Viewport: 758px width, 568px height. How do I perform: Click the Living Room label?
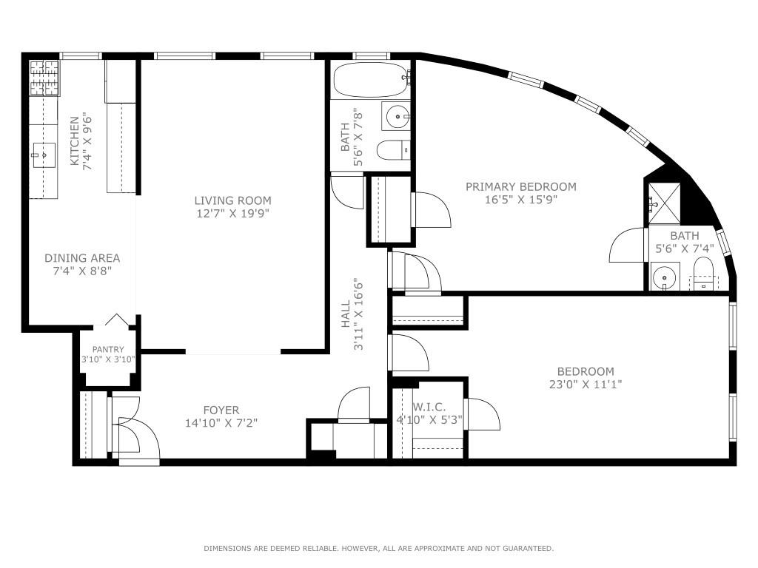click(232, 200)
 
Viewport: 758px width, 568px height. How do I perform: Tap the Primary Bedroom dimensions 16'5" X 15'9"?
click(520, 199)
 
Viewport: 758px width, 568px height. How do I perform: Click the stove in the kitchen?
click(44, 78)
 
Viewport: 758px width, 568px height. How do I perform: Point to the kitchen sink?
click(44, 155)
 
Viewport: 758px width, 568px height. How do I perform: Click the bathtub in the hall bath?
click(369, 80)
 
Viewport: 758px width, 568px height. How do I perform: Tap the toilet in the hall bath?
click(392, 150)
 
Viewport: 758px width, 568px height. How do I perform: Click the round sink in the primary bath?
click(665, 278)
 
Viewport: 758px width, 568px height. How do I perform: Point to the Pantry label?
click(108, 350)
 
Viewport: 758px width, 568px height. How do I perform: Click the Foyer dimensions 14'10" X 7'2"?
click(221, 423)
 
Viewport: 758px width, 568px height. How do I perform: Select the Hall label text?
click(345, 314)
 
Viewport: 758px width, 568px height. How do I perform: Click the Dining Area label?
click(82, 258)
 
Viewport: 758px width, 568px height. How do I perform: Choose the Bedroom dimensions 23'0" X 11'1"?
click(585, 384)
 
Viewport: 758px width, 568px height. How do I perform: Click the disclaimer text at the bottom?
click(378, 548)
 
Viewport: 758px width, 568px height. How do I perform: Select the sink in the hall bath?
click(396, 116)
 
